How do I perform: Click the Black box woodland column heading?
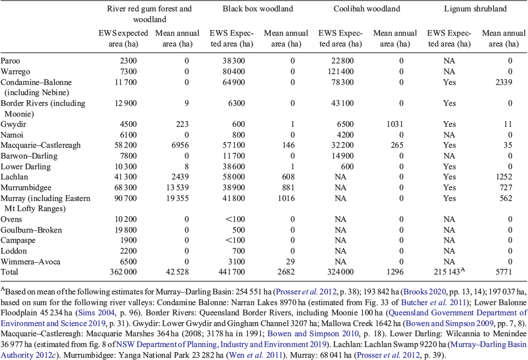[x=258, y=8]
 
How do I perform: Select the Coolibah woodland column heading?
[x=367, y=8]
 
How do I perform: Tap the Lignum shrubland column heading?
[x=475, y=8]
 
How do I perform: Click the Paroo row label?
[x=10, y=61]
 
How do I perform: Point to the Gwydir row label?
[x=14, y=124]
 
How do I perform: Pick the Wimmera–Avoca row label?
[x=30, y=262]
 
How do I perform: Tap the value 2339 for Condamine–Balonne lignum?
[x=504, y=83]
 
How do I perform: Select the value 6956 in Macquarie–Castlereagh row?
[x=180, y=145]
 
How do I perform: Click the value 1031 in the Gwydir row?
[x=395, y=124]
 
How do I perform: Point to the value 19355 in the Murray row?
[x=177, y=198]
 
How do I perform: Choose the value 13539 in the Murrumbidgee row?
[x=177, y=187]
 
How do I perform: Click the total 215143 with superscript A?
[x=450, y=271]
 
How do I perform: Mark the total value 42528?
[x=177, y=272]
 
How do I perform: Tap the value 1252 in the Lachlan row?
[x=504, y=177]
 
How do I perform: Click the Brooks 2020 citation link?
[x=425, y=292]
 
